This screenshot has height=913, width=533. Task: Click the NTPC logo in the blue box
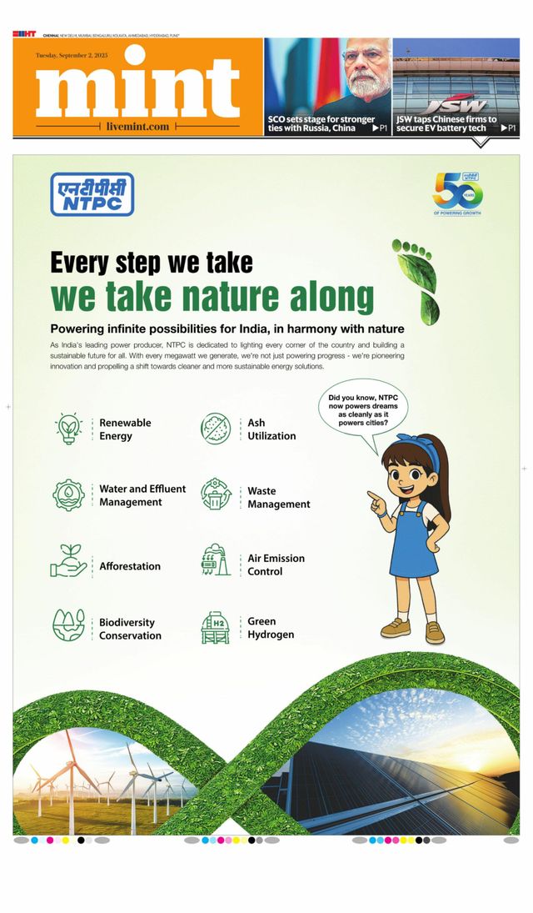92,194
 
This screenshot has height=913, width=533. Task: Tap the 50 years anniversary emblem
457,193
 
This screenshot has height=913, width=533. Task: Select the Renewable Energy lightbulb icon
68,429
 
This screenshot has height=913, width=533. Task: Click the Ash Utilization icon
216,429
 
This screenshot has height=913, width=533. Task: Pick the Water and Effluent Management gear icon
68,495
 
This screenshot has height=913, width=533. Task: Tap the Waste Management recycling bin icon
216,494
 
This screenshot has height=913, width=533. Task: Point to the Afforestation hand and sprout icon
68,563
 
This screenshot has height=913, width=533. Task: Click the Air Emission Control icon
216,562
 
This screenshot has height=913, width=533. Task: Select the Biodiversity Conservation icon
68,626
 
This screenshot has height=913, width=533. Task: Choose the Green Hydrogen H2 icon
216,626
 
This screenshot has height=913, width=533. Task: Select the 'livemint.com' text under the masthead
138,127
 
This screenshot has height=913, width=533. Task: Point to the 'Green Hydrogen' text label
270,628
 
